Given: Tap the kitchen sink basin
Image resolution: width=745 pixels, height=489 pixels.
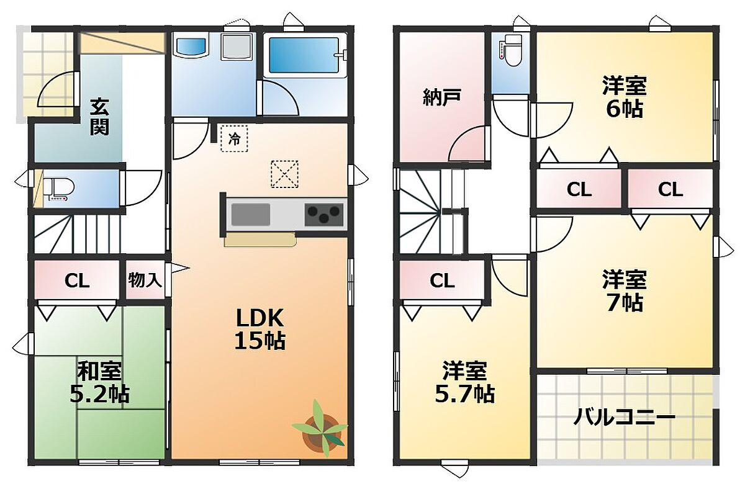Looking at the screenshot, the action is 251,215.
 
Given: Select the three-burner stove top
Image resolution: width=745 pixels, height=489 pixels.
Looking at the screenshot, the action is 323,215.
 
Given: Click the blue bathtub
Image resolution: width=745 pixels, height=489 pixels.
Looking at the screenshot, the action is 304,55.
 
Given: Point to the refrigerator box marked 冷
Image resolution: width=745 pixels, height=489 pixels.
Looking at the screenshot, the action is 234,138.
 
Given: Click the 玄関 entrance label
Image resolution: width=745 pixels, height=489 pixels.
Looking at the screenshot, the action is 100,117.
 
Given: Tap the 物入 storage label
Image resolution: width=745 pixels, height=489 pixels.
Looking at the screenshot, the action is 145,280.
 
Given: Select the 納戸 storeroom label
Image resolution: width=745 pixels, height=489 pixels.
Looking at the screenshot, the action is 442,97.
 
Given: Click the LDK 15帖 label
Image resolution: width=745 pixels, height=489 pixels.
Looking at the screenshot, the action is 260,329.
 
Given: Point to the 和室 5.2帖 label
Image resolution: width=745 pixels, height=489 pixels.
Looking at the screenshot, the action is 99,382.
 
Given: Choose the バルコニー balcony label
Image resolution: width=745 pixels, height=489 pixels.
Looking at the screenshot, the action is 625,418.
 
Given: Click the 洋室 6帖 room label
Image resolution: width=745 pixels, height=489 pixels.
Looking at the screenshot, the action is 625,97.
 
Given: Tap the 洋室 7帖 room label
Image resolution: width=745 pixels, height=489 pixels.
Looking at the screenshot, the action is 625,291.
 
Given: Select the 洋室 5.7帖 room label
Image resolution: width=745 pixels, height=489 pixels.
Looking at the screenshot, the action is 465,382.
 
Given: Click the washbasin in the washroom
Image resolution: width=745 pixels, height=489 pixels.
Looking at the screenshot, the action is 191,47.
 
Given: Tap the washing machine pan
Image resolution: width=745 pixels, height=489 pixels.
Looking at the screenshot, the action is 237,47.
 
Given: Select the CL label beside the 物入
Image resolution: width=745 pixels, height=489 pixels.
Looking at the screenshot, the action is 77,281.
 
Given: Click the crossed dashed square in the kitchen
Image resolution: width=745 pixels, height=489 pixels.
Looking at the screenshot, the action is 284,174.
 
